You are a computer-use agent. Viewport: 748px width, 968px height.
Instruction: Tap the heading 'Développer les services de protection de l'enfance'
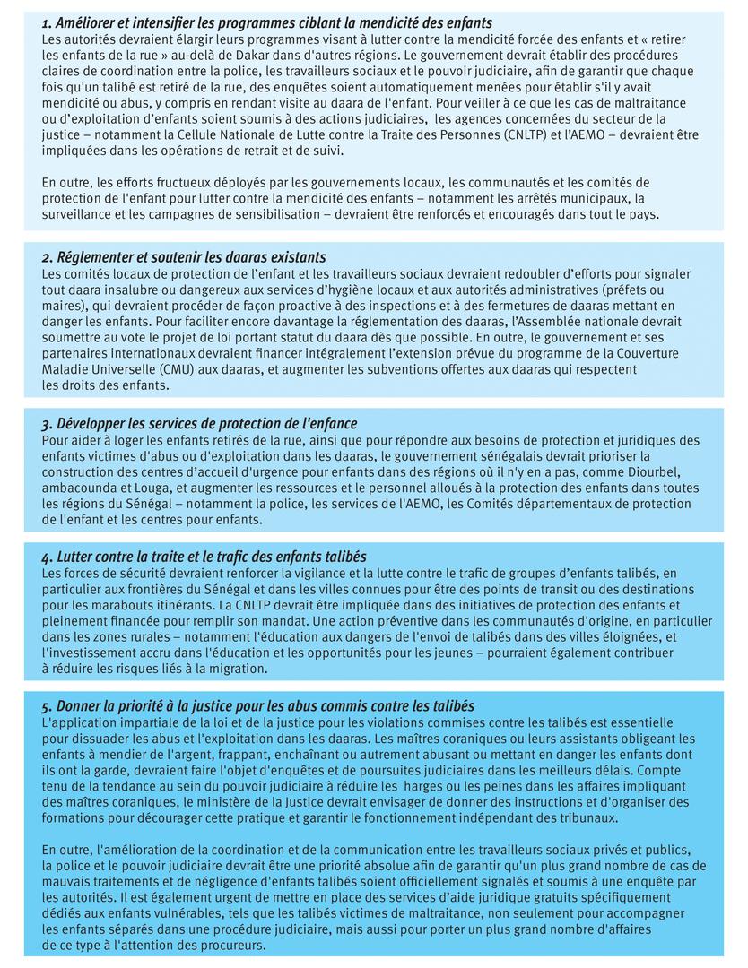click(199, 423)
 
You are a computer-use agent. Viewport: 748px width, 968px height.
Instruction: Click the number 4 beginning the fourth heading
click(46, 557)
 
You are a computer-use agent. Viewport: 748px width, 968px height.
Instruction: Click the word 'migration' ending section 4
click(237, 670)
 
